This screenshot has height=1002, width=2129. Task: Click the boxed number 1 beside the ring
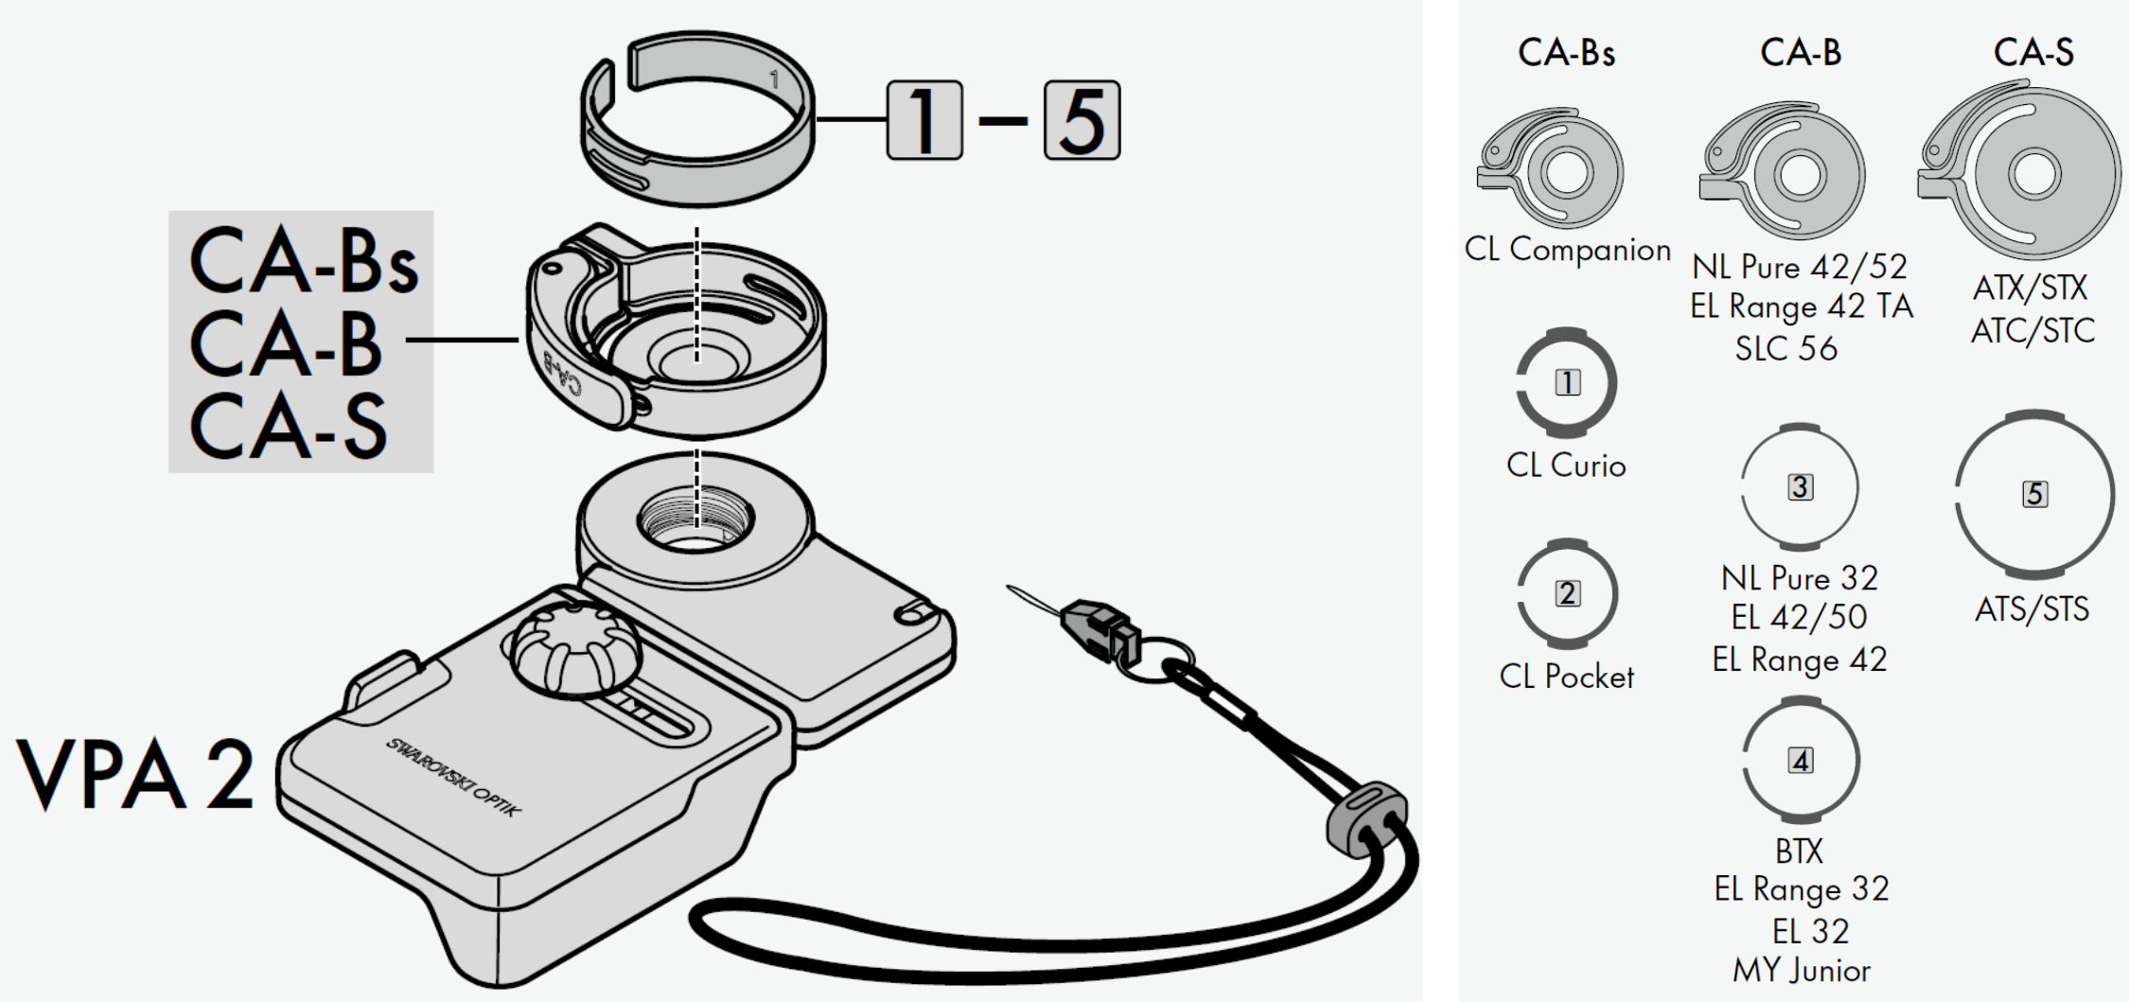924,120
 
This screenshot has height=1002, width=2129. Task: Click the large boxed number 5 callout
1082,120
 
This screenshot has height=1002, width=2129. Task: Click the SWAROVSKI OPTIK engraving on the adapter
452,777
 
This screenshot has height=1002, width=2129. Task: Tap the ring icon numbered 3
1800,487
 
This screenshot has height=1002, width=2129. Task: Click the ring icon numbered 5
2034,494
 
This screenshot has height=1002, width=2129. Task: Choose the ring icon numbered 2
1568,593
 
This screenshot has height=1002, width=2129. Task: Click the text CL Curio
1566,466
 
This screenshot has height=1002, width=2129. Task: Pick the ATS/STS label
2032,609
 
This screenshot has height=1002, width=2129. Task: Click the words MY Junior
1801,971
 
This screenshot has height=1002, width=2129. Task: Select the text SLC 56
1786,349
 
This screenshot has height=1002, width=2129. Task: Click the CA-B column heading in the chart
1801,52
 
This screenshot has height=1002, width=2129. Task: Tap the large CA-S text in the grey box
289,427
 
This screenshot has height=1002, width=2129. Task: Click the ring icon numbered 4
1801,761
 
